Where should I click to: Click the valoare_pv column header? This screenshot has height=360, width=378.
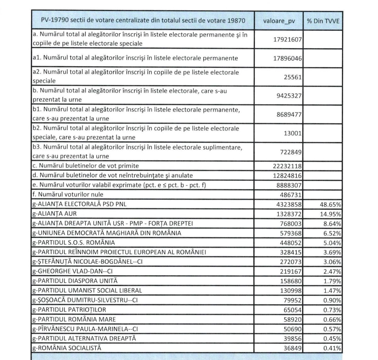click(x=279, y=21)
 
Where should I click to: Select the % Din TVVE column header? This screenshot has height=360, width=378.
click(x=323, y=21)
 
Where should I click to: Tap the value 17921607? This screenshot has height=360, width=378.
click(x=287, y=40)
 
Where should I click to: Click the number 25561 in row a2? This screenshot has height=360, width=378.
click(x=293, y=77)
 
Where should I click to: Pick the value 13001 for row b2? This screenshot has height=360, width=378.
click(x=293, y=133)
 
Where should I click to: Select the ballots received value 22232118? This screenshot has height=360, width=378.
click(x=287, y=166)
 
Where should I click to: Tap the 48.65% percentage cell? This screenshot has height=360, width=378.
click(x=330, y=204)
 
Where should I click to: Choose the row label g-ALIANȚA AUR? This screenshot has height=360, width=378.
click(x=54, y=214)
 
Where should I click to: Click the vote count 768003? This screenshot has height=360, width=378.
click(x=291, y=224)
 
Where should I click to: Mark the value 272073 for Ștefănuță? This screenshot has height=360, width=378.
click(x=291, y=262)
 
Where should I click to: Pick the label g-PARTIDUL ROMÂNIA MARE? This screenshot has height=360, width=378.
click(x=74, y=319)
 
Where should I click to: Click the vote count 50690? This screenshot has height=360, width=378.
click(x=293, y=329)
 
